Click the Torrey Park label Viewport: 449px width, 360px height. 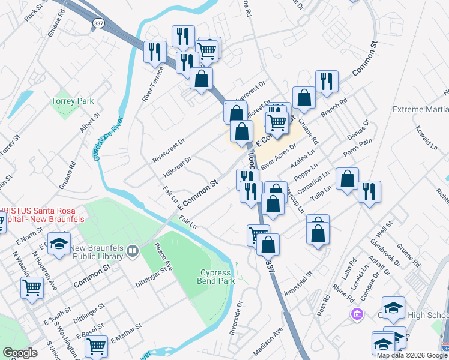coord(73,101)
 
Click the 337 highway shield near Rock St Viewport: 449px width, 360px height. coord(97,22)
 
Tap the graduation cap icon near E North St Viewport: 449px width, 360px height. coord(59,244)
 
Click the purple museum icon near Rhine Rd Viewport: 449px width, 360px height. coord(357,314)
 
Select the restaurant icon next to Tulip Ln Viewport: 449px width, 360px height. coord(369,191)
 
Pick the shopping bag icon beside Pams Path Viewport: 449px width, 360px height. coord(347,178)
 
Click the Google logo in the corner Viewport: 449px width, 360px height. coord(20,353)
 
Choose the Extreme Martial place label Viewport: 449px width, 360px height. coord(420,110)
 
